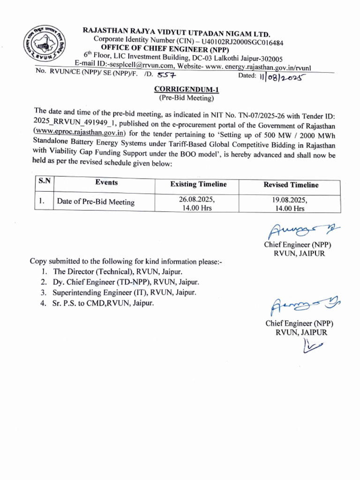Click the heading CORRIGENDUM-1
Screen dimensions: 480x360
[180, 90]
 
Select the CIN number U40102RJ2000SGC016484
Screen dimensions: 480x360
[242, 43]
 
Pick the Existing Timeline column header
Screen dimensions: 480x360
[198, 184]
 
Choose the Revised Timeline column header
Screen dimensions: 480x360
[291, 185]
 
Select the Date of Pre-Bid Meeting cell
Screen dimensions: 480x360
[96, 202]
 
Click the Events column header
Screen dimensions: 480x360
[106, 183]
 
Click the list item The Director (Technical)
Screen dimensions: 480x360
[117, 271]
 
